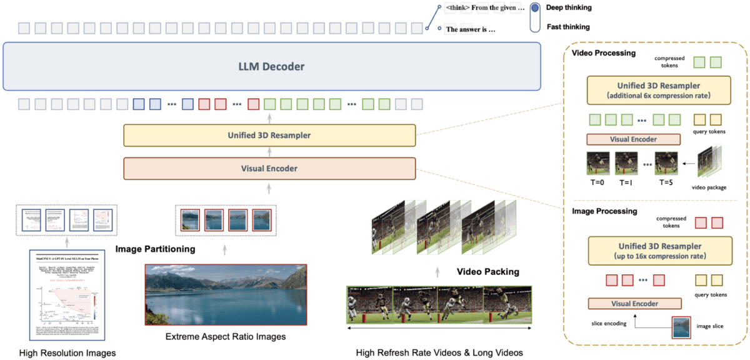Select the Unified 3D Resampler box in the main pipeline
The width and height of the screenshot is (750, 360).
(269, 135)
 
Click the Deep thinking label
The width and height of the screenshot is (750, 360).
(569, 8)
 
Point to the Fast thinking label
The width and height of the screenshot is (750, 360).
(568, 27)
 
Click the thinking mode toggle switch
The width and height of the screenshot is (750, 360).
(535, 17)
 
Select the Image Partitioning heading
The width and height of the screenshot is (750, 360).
(155, 249)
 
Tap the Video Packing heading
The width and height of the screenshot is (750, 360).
(488, 272)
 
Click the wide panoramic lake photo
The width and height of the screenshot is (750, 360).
(226, 294)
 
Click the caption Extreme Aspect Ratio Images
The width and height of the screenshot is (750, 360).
(226, 337)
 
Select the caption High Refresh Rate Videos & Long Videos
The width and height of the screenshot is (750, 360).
(439, 352)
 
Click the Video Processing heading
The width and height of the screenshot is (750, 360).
(604, 53)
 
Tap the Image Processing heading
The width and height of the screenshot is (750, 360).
(604, 211)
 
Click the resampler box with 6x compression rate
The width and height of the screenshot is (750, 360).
(657, 90)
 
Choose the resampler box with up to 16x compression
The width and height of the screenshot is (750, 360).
(657, 251)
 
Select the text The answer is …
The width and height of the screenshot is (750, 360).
(470, 29)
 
